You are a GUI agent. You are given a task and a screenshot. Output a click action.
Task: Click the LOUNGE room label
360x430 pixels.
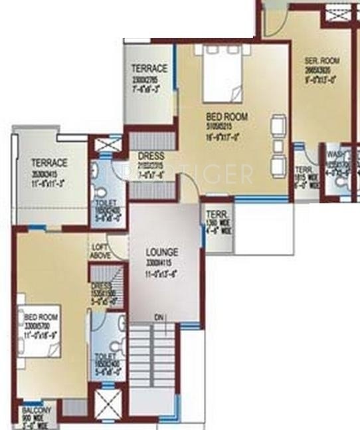(161, 253)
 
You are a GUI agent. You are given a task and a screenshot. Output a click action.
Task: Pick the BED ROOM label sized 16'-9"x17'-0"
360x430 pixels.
(226, 116)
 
